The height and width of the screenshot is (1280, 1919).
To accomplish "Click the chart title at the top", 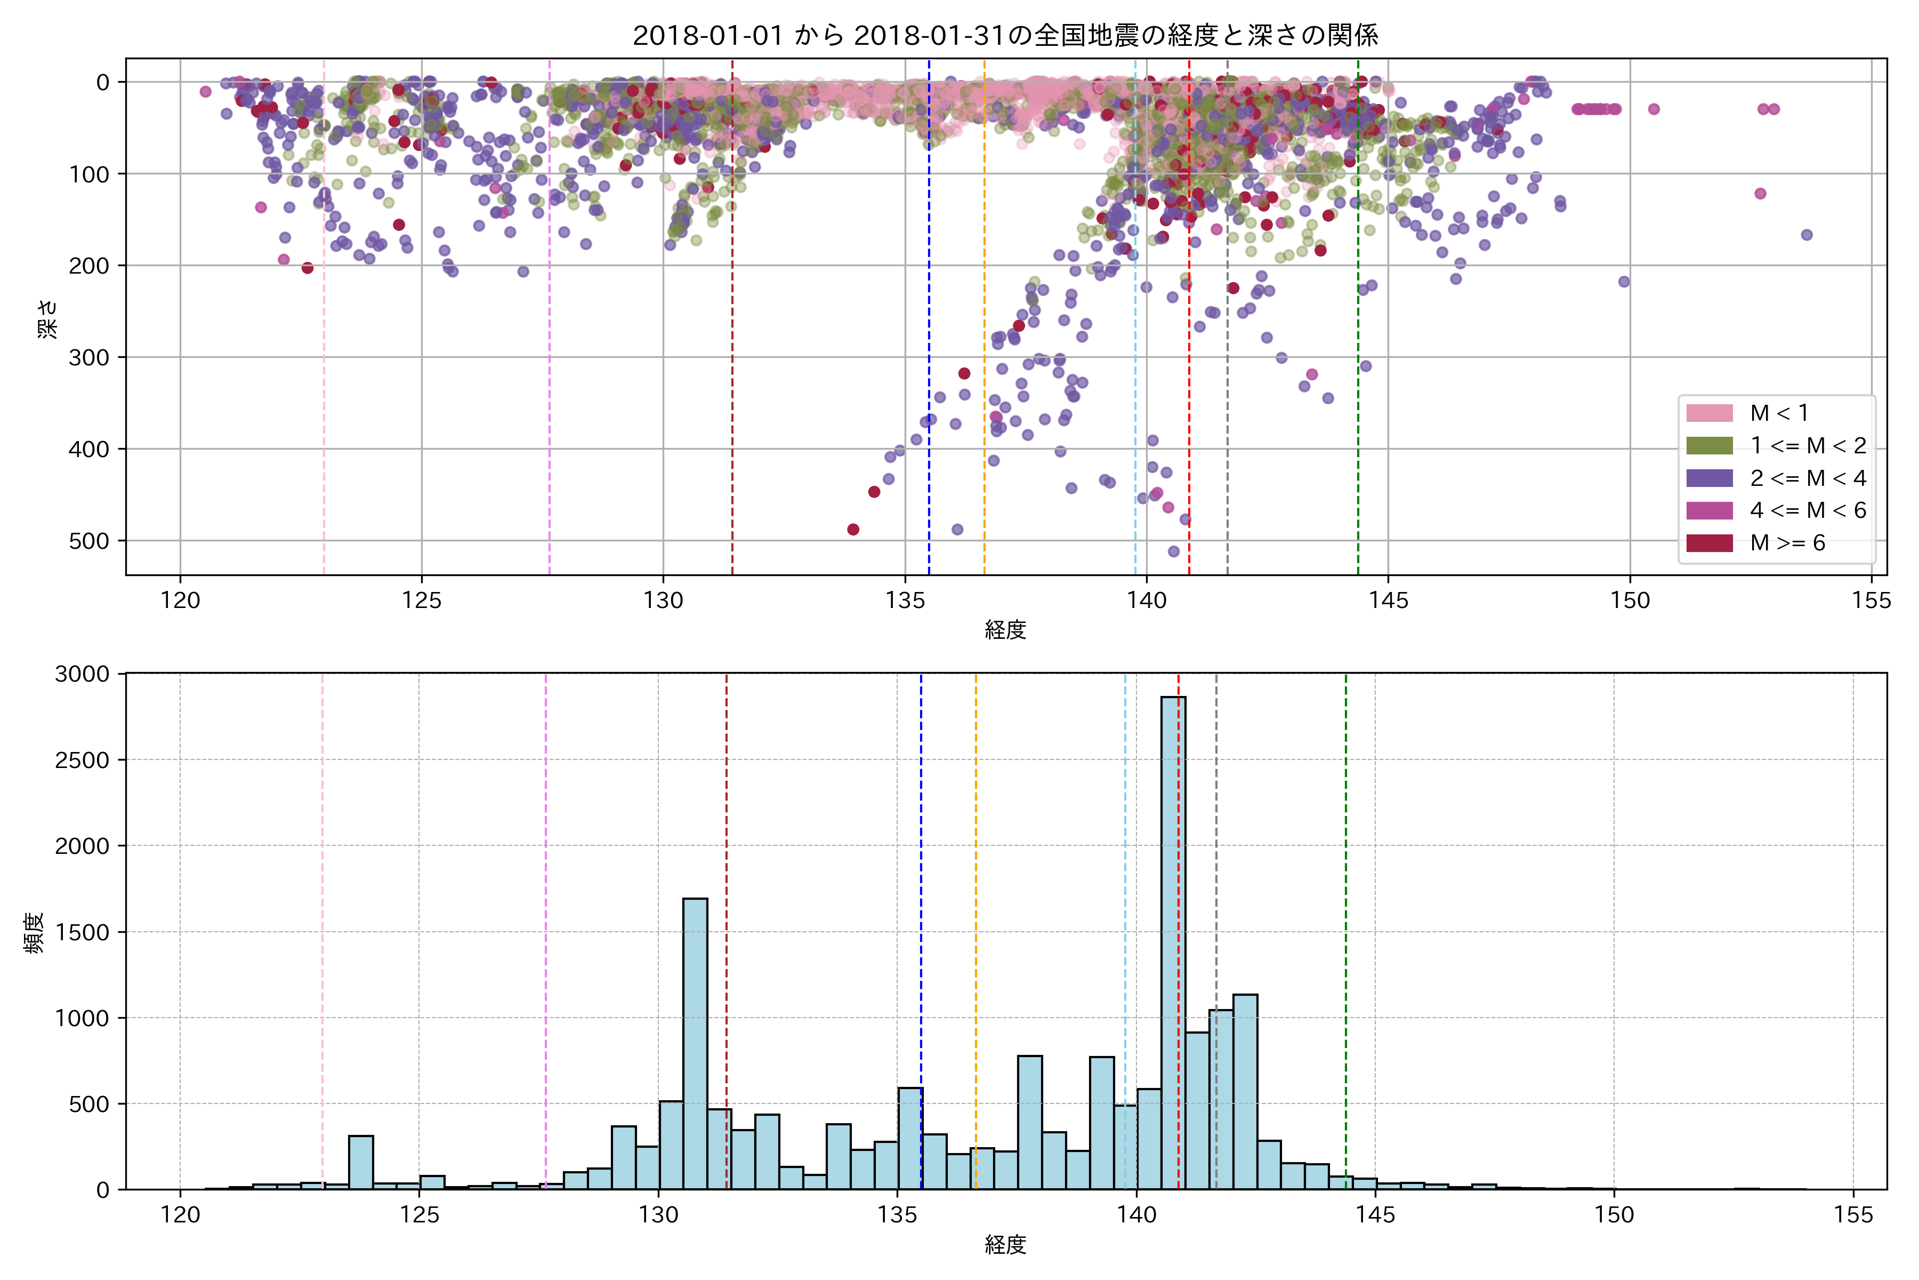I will click(1005, 36).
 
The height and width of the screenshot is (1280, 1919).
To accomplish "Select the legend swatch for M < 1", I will click(1710, 413).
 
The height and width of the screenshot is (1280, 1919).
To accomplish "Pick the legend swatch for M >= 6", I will click(1710, 543).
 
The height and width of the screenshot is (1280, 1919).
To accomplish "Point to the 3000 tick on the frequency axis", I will click(82, 674).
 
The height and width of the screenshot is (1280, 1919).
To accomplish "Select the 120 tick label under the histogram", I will click(180, 1215).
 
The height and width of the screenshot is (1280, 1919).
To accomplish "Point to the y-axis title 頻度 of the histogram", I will click(34, 932).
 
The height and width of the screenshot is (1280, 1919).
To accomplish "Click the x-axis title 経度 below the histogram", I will click(1005, 1245).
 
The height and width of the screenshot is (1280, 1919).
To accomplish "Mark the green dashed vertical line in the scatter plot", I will click(1358, 326).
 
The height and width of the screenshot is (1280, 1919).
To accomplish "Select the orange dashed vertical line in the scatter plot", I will click(984, 326).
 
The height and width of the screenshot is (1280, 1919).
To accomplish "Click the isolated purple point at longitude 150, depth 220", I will click(1624, 282).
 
